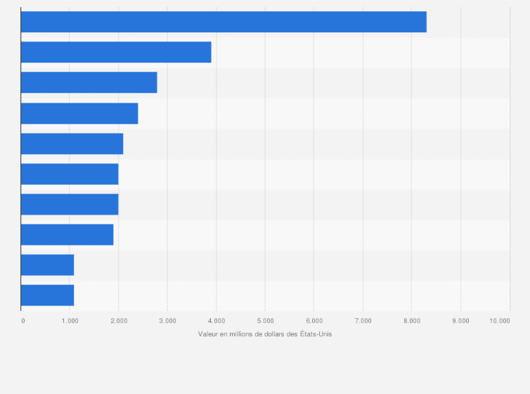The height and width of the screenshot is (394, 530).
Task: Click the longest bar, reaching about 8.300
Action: tap(224, 22)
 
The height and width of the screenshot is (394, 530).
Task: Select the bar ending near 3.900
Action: tap(116, 52)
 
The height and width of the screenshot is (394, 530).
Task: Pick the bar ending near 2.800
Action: tap(89, 82)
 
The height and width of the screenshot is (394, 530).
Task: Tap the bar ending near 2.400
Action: tap(79, 113)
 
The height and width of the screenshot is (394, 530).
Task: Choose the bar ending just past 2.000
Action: tap(72, 144)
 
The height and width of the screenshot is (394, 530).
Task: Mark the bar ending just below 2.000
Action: tap(67, 235)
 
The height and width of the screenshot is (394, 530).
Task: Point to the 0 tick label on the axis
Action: tap(22, 321)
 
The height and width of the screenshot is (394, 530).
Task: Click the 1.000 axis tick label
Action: tap(70, 321)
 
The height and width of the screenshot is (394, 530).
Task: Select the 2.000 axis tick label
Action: tap(119, 321)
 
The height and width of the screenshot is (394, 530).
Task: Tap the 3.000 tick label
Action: tap(167, 321)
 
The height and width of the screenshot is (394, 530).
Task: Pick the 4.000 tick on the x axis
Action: tap(216, 321)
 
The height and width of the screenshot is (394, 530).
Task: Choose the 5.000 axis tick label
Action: tap(265, 321)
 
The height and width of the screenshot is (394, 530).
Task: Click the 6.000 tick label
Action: tap(314, 321)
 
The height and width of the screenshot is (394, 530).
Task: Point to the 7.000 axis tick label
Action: tap(363, 321)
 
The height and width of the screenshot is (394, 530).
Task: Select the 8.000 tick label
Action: tap(412, 321)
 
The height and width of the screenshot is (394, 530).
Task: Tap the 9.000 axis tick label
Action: tap(460, 321)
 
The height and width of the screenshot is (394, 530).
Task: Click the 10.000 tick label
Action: tap(501, 321)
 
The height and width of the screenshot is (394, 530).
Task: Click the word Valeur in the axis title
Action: tap(209, 333)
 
